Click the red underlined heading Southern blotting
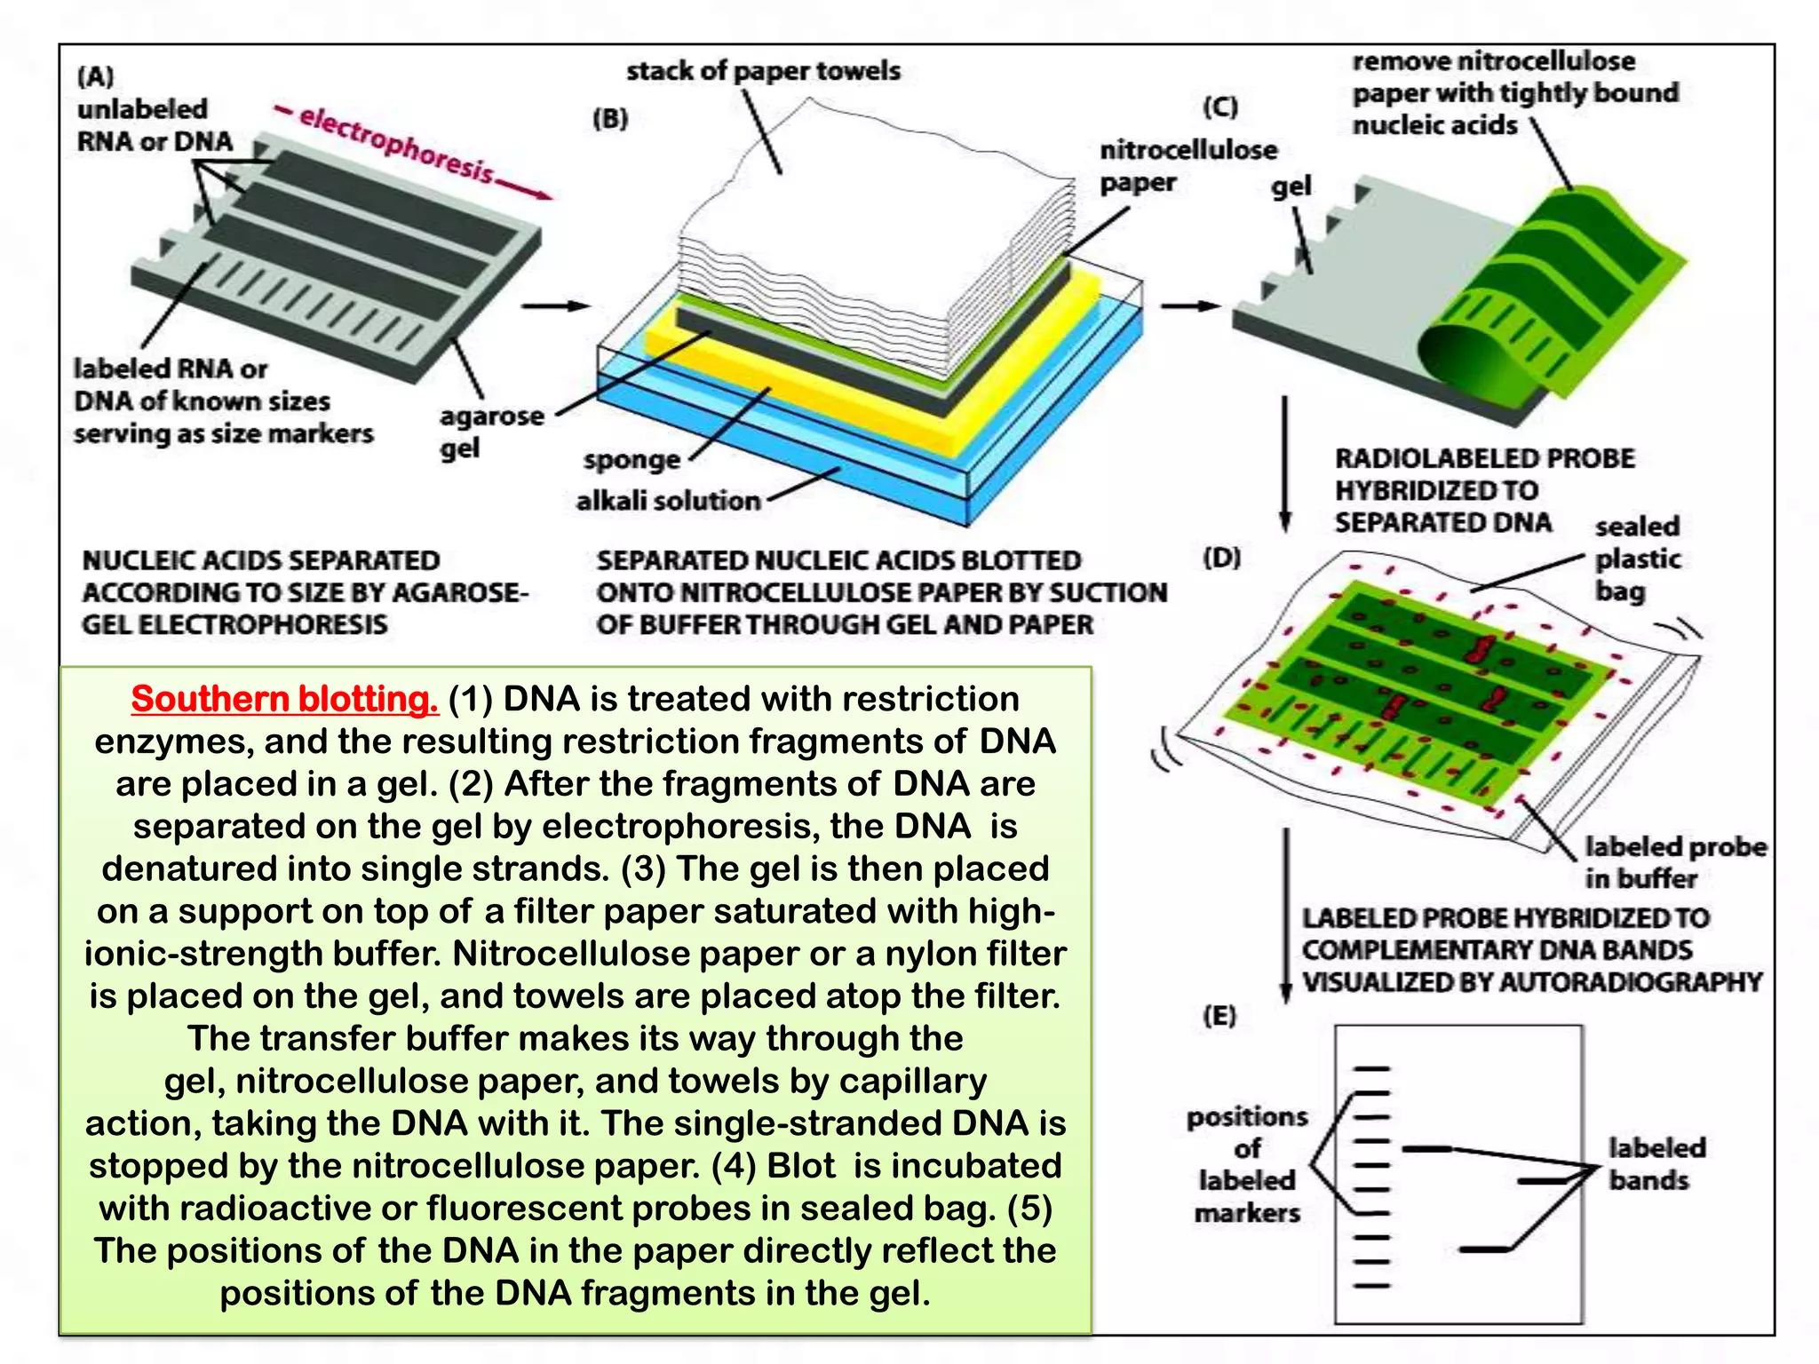point(284,700)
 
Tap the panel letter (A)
point(96,76)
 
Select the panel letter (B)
point(610,119)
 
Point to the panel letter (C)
point(1220,107)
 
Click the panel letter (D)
point(1221,559)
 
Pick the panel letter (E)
point(1219,1016)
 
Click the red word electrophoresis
point(395,144)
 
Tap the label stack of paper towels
point(763,71)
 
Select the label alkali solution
point(668,502)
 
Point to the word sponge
point(631,460)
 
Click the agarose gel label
point(491,432)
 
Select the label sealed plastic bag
point(1637,559)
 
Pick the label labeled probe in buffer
point(1673,862)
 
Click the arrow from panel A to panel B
point(555,306)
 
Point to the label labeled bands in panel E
point(1656,1164)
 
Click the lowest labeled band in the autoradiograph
point(1485,1249)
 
